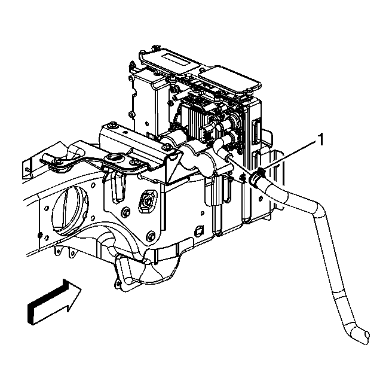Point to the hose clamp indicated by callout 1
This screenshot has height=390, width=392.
[x=258, y=178]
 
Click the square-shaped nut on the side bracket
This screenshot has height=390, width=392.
[x=146, y=201]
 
